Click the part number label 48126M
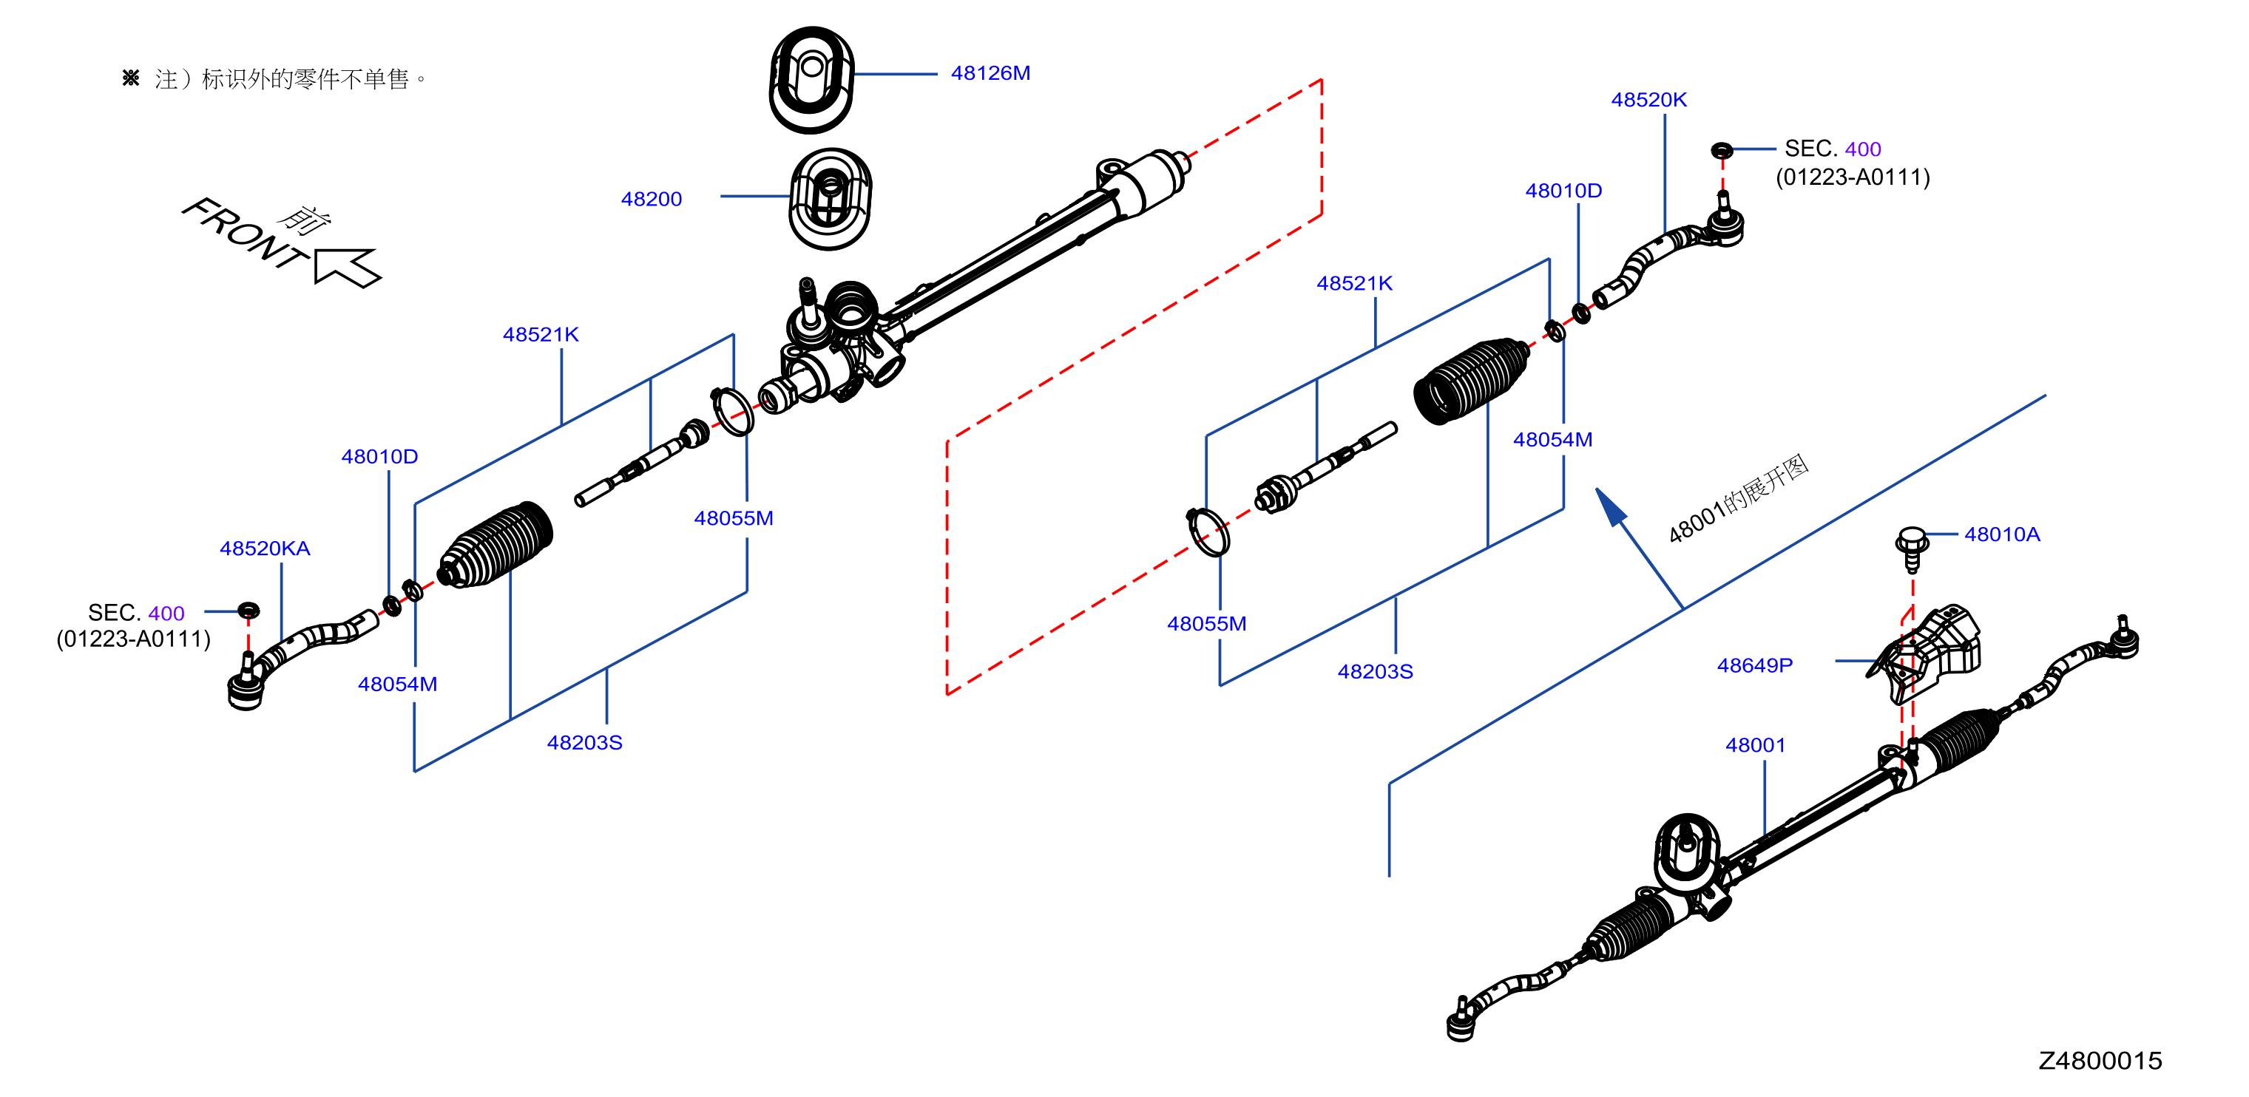click(990, 73)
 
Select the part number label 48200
click(652, 199)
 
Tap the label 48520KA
click(265, 548)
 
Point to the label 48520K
click(1648, 100)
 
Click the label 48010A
click(2002, 534)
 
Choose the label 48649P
click(1755, 665)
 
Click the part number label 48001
click(1756, 744)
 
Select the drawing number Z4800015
click(2100, 1060)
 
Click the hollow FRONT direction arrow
click(347, 266)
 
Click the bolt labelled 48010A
click(1912, 548)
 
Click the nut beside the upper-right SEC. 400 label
click(1722, 150)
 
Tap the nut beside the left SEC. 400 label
click(248, 609)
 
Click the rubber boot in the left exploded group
click(495, 545)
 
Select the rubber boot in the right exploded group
click(1472, 381)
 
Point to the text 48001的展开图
click(1738, 498)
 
